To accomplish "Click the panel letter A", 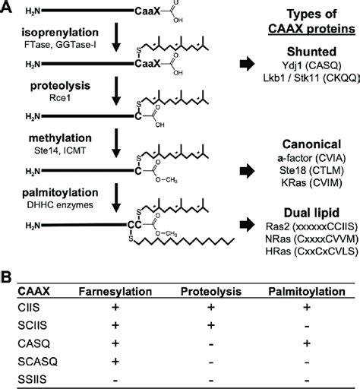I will (7, 8).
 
